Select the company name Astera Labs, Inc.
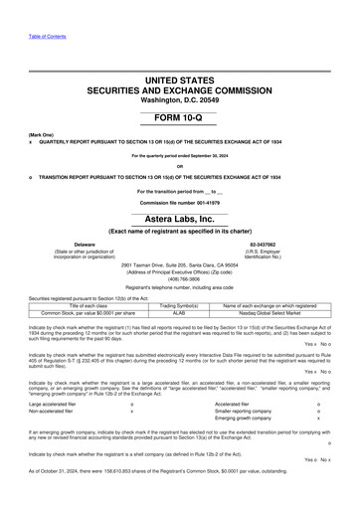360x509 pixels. [180, 219]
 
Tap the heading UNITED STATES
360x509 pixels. [180, 78]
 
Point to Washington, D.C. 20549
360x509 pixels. [180, 99]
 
